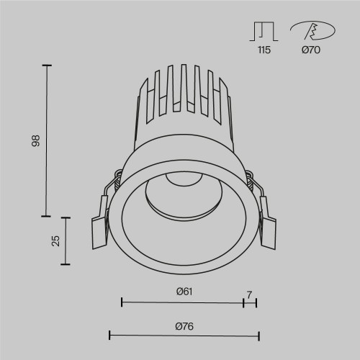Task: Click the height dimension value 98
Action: pos(35,141)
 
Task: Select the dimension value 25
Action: pos(55,240)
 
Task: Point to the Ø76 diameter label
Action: pos(184,325)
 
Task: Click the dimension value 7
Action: pos(249,294)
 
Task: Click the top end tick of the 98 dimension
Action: pos(48,66)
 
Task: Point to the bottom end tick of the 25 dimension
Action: pos(68,264)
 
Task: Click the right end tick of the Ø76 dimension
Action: pos(258,335)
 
